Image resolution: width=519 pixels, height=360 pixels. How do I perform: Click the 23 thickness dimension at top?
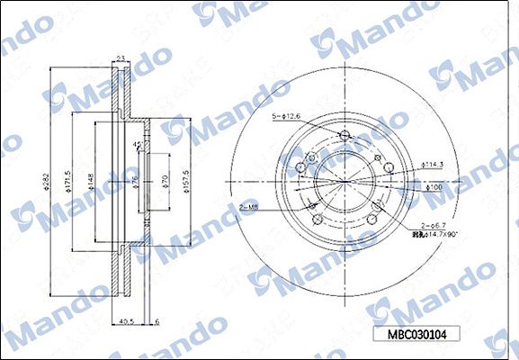121,59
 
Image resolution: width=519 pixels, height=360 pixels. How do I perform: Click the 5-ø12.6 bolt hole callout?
286,116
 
